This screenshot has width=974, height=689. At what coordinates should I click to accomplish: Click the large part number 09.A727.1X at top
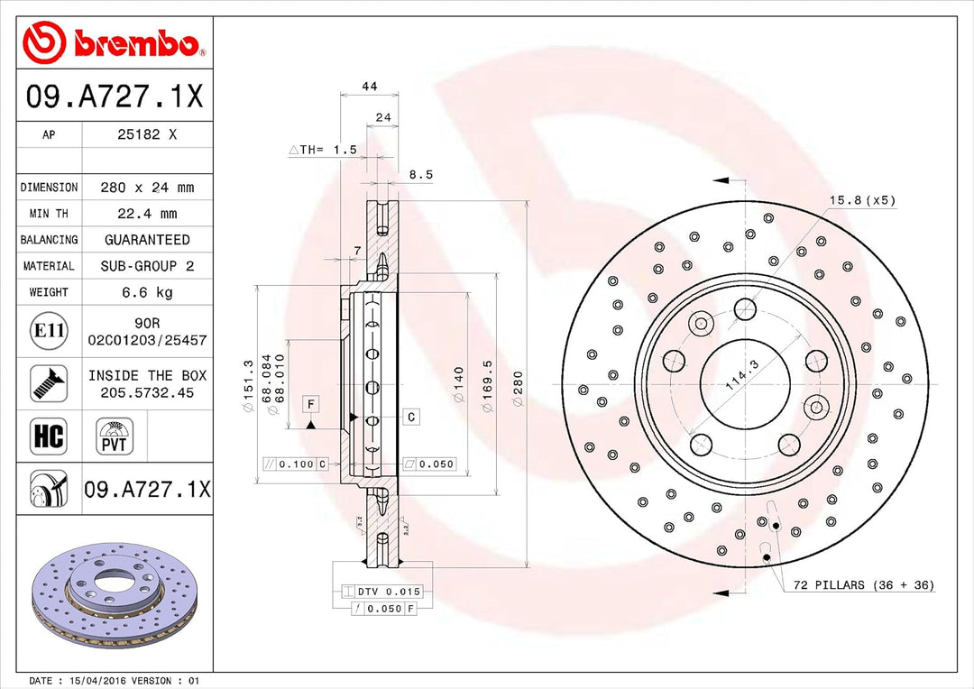(x=115, y=96)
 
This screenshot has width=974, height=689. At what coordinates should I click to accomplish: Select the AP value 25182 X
(x=147, y=134)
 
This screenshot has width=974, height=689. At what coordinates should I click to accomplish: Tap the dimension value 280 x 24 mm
(x=147, y=188)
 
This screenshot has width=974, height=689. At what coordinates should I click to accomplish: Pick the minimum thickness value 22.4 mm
(x=147, y=214)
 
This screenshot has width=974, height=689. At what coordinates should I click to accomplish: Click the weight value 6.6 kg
(x=147, y=292)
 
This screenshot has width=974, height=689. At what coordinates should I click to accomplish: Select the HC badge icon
(x=48, y=436)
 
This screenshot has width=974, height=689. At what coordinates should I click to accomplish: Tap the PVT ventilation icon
(x=115, y=436)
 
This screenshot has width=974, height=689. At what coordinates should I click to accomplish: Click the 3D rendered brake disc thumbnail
(x=113, y=599)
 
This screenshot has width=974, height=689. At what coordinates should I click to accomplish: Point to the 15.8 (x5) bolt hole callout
(x=862, y=200)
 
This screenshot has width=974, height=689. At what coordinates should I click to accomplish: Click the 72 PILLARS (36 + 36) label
(x=863, y=585)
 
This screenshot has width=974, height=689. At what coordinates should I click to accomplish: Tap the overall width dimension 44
(x=369, y=87)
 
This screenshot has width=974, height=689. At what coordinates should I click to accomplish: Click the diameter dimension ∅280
(x=518, y=388)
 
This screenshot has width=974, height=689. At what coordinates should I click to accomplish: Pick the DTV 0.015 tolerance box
(x=383, y=592)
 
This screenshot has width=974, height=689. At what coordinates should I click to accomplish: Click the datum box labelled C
(x=410, y=417)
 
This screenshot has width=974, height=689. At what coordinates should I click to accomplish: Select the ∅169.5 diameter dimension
(x=488, y=388)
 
